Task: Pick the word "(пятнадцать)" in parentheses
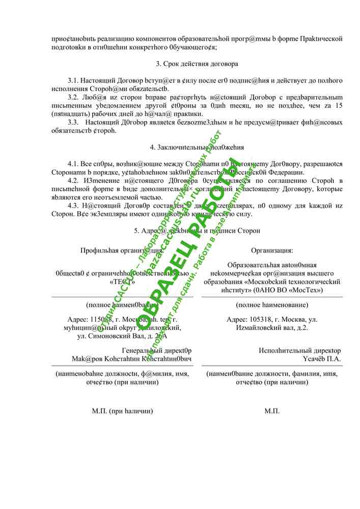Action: [x=69, y=114]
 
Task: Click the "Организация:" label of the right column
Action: [x=272, y=250]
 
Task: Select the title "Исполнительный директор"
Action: [x=300, y=351]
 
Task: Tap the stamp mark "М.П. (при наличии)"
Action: [x=122, y=411]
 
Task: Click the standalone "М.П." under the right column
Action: [x=272, y=411]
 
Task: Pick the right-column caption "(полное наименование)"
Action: [x=272, y=305]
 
